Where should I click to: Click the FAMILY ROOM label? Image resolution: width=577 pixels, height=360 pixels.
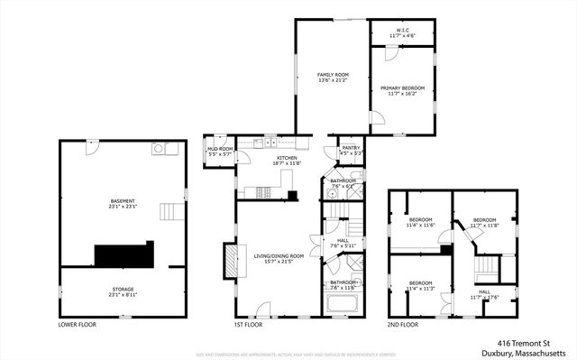pos(333,74)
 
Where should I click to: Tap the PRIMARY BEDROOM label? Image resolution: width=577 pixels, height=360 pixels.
pos(401,88)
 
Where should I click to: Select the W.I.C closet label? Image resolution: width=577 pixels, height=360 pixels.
pos(402,31)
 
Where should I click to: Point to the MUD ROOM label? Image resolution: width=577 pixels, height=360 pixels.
pos(220,149)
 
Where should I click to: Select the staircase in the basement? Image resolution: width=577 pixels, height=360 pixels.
pos(170,213)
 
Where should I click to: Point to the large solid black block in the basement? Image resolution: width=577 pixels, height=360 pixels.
pos(124,254)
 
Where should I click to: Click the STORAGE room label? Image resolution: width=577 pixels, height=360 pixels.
pos(122,289)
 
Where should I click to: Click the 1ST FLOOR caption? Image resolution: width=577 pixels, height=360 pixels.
pos(247,322)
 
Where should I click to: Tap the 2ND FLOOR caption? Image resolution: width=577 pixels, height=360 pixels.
pos(402,322)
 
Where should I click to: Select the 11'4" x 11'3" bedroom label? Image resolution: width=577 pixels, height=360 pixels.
pos(421,286)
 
